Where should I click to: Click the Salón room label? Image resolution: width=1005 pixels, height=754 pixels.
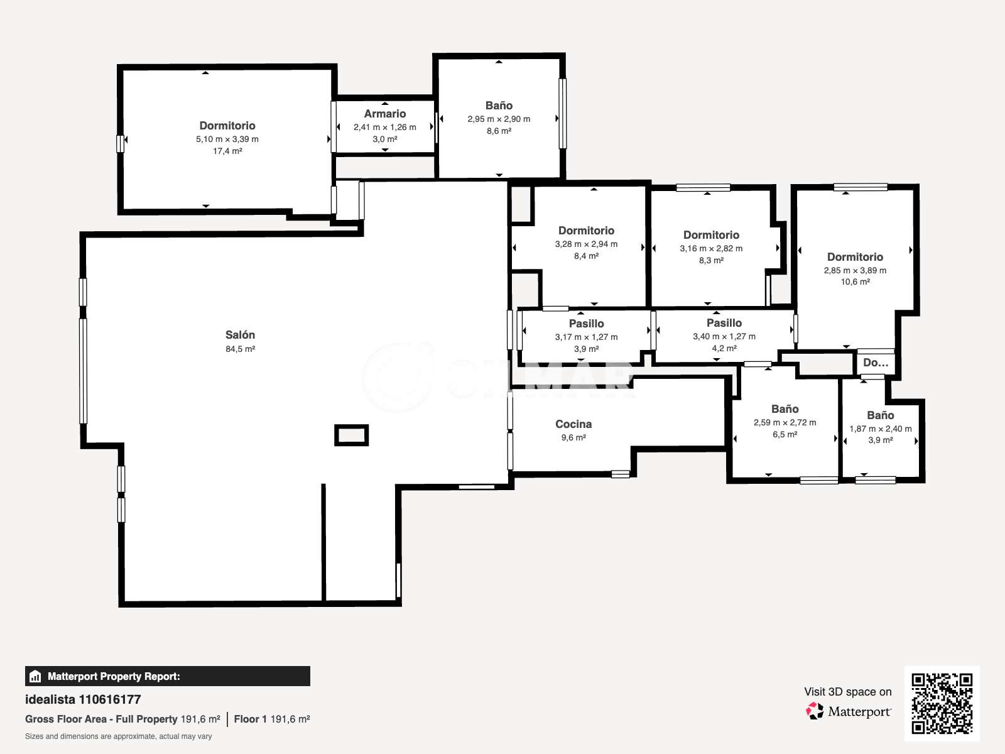tap(240, 335)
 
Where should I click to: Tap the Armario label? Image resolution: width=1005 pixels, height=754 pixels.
tap(384, 114)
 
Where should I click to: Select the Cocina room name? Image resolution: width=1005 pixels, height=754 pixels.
tap(573, 424)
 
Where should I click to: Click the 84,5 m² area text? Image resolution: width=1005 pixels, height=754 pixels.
tap(240, 349)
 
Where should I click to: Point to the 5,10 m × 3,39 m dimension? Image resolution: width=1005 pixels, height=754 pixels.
tap(227, 139)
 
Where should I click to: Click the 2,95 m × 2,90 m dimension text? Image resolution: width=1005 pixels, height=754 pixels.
tap(499, 119)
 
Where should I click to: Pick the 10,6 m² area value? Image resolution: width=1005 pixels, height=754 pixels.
tap(855, 282)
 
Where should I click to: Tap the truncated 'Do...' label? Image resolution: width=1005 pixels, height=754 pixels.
tap(876, 363)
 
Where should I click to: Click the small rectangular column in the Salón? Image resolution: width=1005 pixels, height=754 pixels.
tap(351, 435)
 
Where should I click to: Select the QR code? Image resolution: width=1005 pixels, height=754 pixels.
tap(942, 704)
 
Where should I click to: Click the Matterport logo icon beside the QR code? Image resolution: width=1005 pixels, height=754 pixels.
tap(814, 711)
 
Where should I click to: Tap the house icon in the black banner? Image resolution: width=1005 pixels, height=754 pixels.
tap(35, 676)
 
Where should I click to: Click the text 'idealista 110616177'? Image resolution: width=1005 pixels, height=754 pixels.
tap(83, 699)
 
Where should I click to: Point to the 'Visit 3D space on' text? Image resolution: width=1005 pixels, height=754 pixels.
tap(847, 692)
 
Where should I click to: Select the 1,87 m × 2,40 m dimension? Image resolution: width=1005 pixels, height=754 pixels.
tap(881, 429)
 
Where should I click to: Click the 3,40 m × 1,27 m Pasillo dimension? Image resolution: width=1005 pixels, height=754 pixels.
tap(724, 337)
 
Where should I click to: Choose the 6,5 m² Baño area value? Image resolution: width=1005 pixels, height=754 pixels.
tap(785, 434)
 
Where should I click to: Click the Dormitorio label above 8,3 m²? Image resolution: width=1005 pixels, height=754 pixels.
tap(711, 235)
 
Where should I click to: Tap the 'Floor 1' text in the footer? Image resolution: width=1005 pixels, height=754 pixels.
tap(250, 719)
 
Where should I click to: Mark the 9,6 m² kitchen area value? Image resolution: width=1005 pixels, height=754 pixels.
tap(573, 438)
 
